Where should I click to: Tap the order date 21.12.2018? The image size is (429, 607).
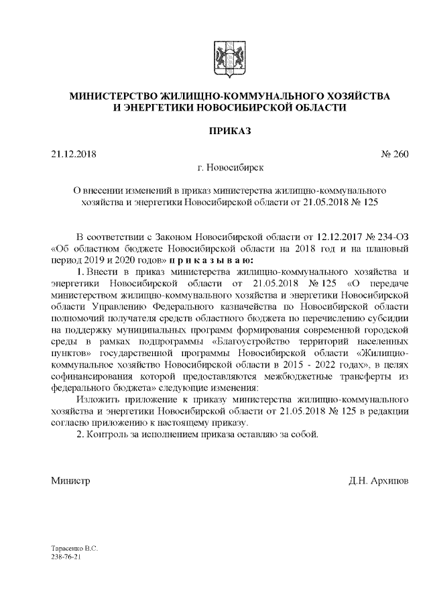[74, 154]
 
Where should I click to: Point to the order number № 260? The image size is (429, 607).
[394, 154]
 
